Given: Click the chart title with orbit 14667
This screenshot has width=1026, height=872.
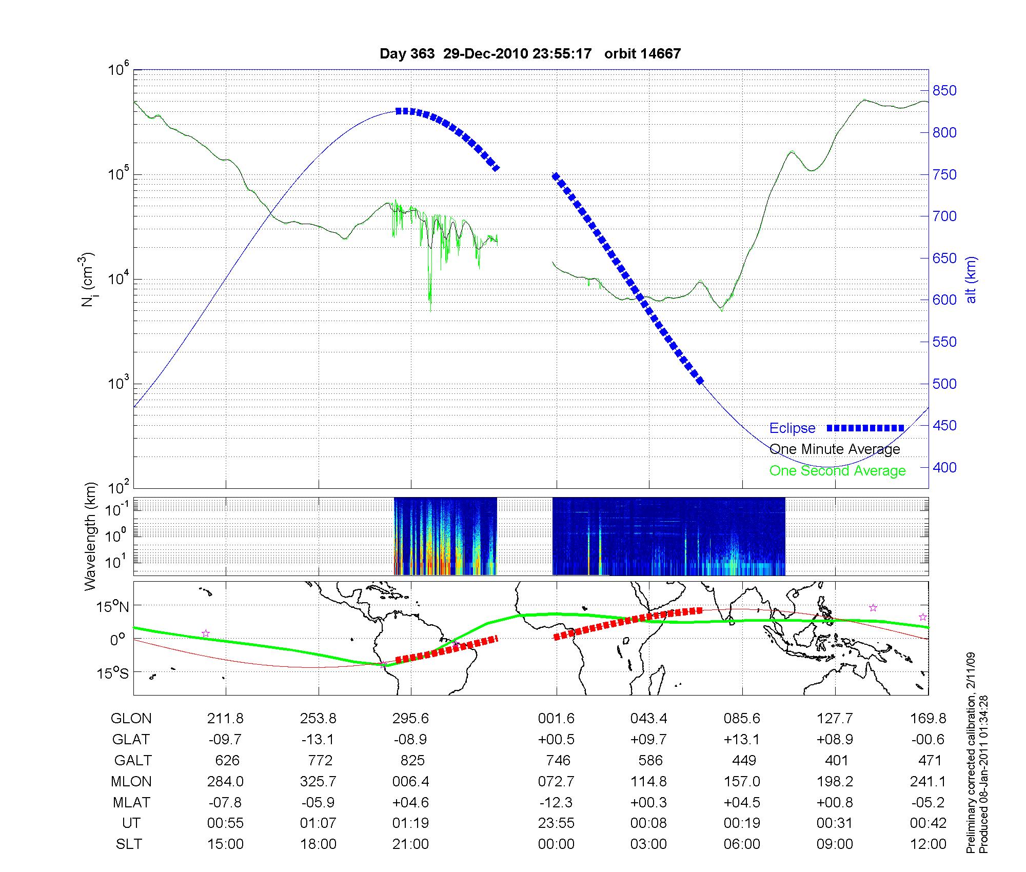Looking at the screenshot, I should pos(530,54).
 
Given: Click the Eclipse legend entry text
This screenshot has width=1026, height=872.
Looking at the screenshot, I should pos(792,428).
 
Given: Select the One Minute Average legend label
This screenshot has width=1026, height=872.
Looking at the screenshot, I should pos(835,449).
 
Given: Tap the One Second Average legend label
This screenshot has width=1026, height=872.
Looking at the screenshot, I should pos(837,471).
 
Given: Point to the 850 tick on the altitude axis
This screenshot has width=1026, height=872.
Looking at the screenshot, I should pos(944,91).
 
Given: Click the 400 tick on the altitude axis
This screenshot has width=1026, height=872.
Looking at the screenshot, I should pos(944,467).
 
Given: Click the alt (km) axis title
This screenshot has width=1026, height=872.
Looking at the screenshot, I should pos(971,280).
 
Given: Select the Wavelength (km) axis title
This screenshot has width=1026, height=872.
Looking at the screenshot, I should pos(91,537).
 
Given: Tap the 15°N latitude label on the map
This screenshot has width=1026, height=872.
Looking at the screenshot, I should pos(113,607).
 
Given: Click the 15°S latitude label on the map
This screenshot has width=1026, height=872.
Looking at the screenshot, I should pos(113,672).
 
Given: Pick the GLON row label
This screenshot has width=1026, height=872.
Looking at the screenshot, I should pos(131,718).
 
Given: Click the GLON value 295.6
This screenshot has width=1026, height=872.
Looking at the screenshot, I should pos(410,718).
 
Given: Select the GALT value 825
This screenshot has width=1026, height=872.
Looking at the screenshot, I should pos(412,760).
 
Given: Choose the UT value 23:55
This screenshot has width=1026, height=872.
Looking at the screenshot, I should pos(556,823).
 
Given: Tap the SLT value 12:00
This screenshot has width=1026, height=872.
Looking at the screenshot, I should pos(928,844).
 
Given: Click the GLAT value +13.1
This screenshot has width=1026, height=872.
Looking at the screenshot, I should pos(742,739).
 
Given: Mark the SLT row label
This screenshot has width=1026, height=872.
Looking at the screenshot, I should pos(129,844).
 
